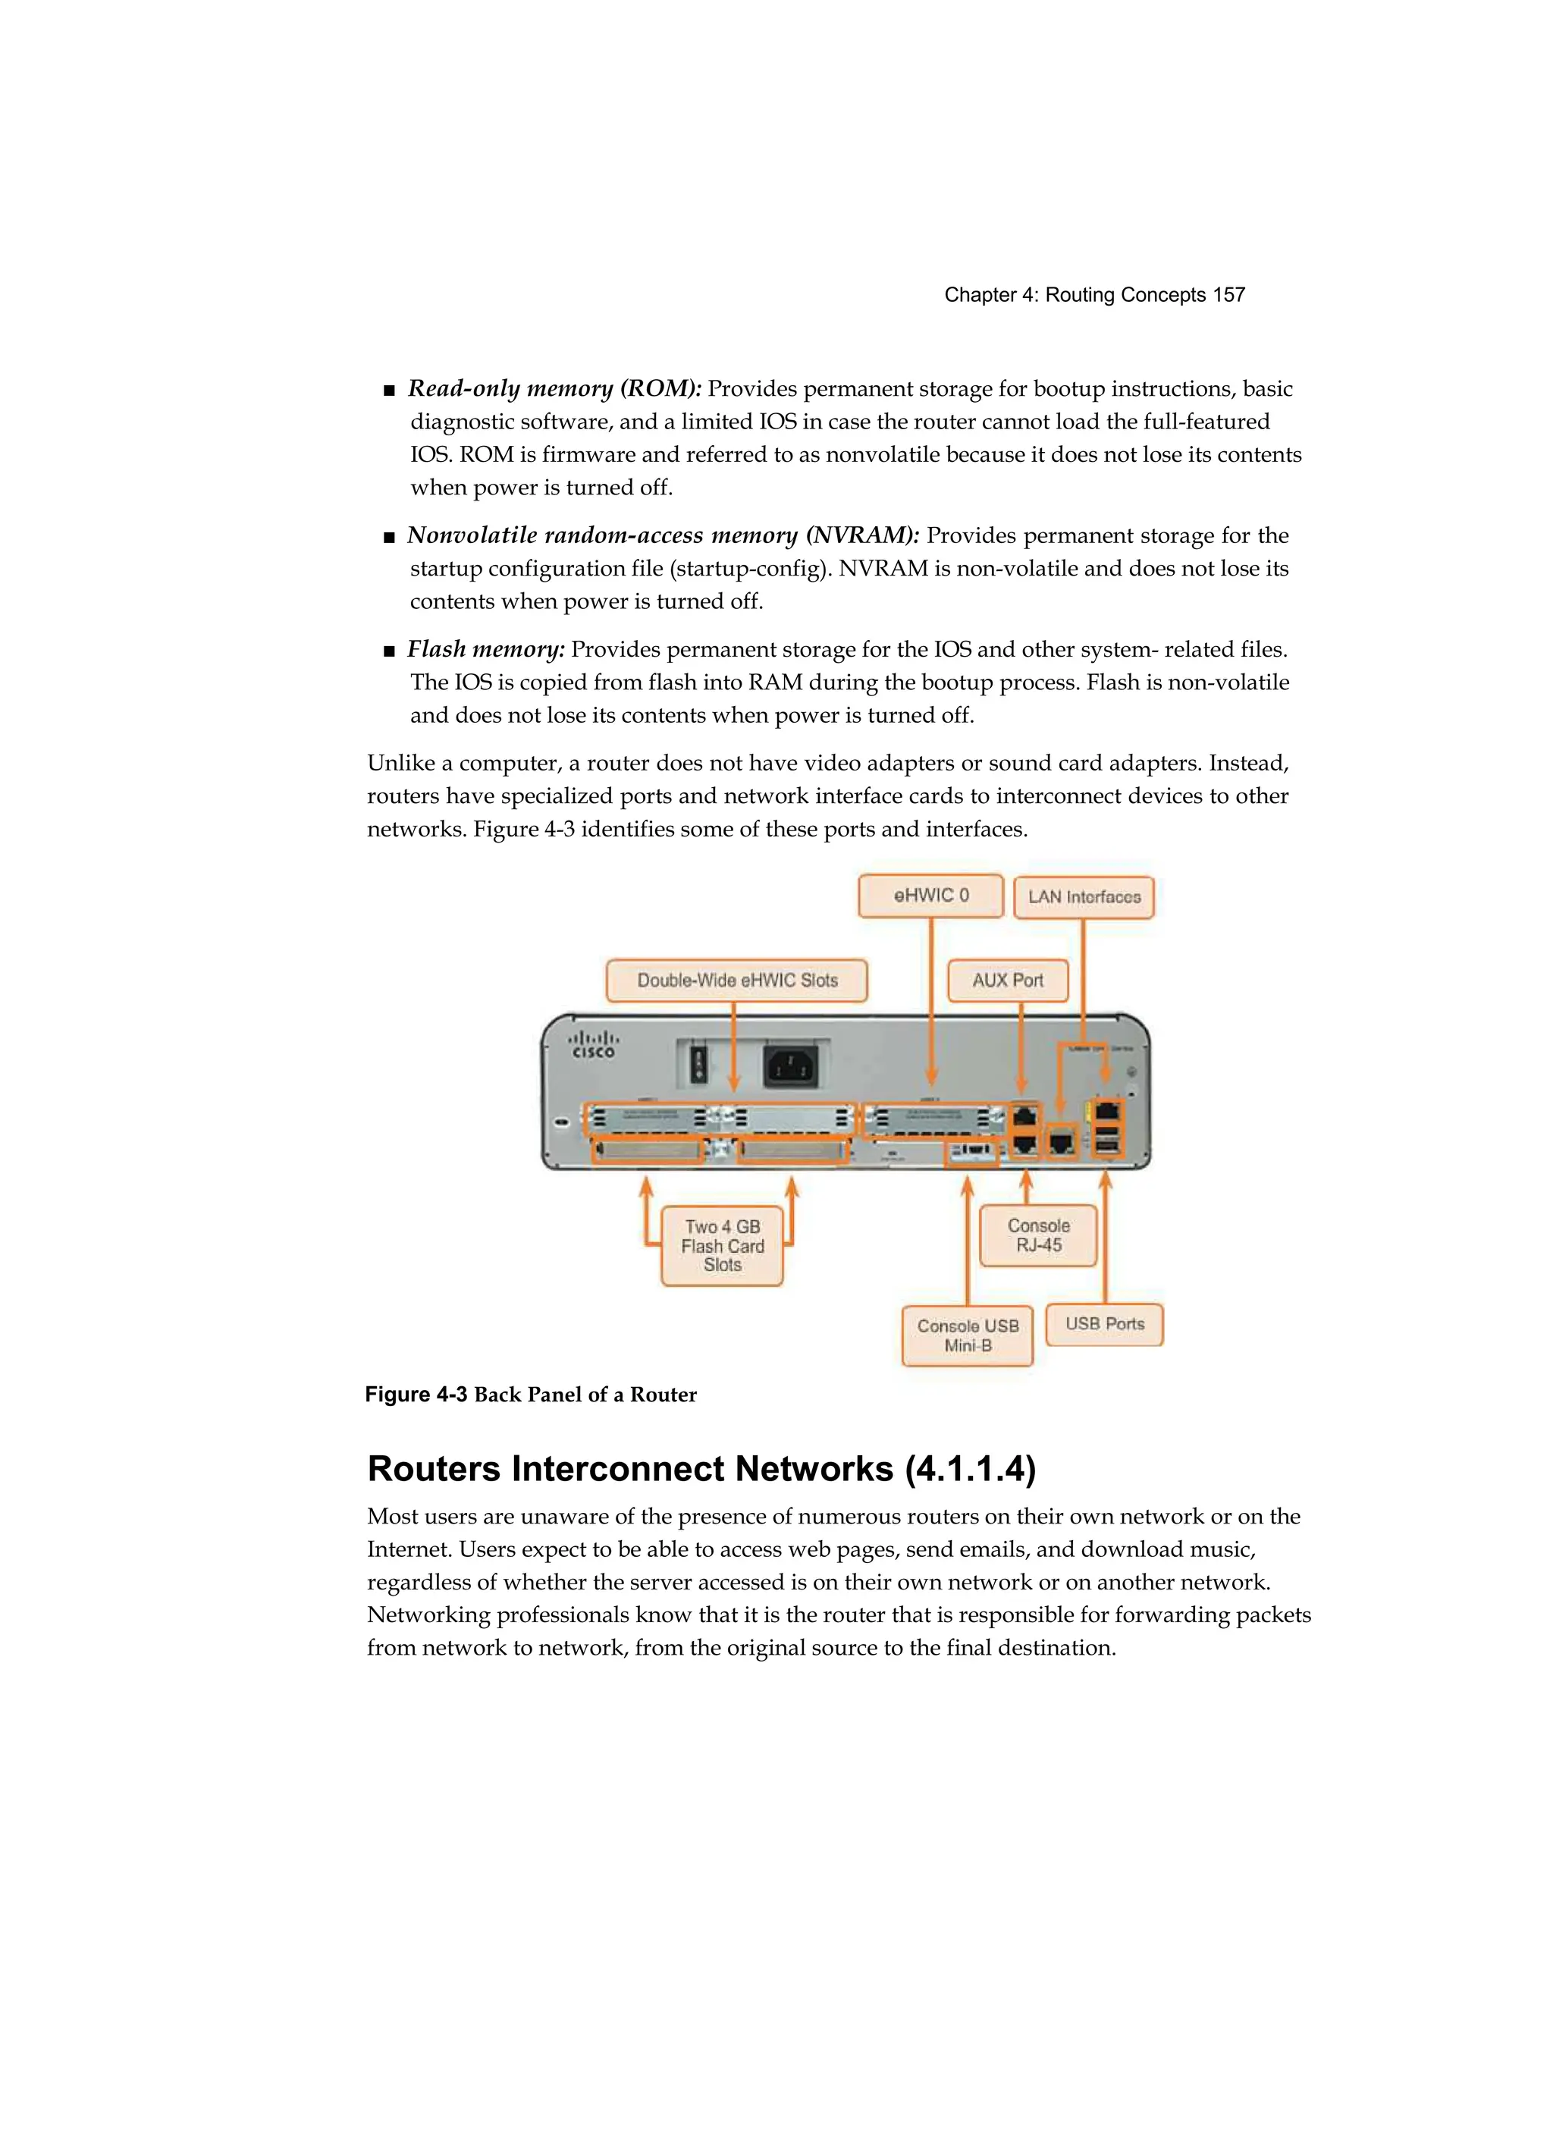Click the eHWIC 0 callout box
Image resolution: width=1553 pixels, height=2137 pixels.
[x=930, y=895]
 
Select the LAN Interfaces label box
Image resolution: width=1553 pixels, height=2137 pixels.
[x=1084, y=897]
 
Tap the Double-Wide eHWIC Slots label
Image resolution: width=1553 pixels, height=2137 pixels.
[x=737, y=980]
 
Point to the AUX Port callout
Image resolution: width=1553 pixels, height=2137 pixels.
[x=1007, y=980]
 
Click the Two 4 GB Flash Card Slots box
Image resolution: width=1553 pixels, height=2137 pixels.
[x=722, y=1246]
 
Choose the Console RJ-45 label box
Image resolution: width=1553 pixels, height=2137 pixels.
[x=1038, y=1235]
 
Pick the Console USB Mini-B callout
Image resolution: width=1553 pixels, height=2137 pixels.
[x=968, y=1335]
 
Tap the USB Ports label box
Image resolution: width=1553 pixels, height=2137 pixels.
[x=1104, y=1324]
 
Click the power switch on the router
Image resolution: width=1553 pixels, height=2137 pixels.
[x=698, y=1065]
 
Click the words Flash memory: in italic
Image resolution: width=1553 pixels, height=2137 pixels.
[x=485, y=649]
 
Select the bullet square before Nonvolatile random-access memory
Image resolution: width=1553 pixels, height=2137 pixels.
[x=389, y=538]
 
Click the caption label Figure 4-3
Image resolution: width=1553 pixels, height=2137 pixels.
[x=416, y=1395]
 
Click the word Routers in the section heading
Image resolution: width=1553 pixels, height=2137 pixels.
[x=434, y=1469]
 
